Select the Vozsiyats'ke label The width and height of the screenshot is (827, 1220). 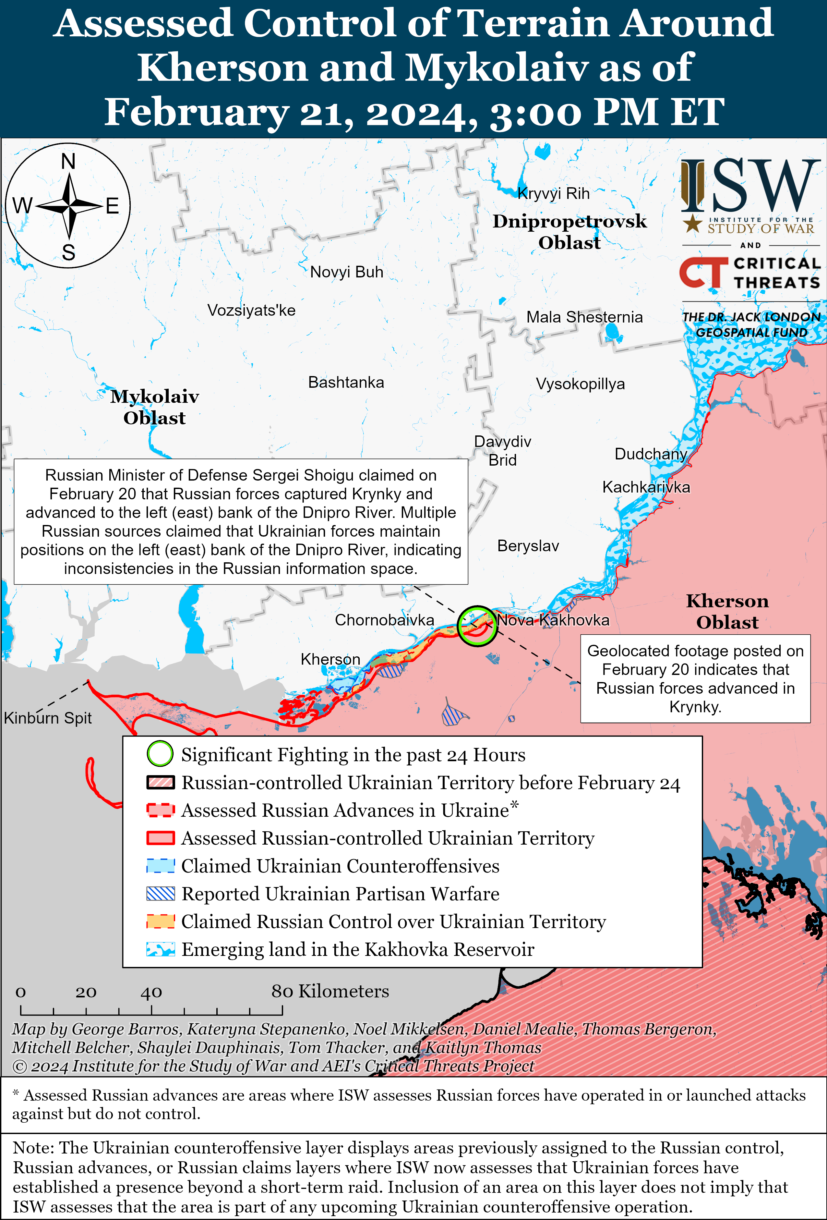[x=251, y=310]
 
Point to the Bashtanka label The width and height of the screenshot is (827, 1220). [x=346, y=382]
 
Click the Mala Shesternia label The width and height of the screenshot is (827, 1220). [x=584, y=317]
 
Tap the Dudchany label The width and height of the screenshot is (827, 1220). [x=651, y=454]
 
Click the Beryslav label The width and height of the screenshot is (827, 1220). [x=528, y=546]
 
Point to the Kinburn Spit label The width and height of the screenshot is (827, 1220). [x=48, y=718]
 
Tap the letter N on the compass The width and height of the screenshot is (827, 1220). [x=68, y=162]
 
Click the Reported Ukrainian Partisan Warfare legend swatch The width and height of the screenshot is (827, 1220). [x=160, y=894]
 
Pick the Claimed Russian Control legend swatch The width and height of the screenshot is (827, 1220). [x=160, y=921]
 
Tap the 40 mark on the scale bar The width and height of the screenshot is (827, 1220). [x=151, y=992]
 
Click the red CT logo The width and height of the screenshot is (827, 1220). [x=703, y=273]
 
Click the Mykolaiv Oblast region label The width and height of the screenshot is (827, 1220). [x=155, y=407]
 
